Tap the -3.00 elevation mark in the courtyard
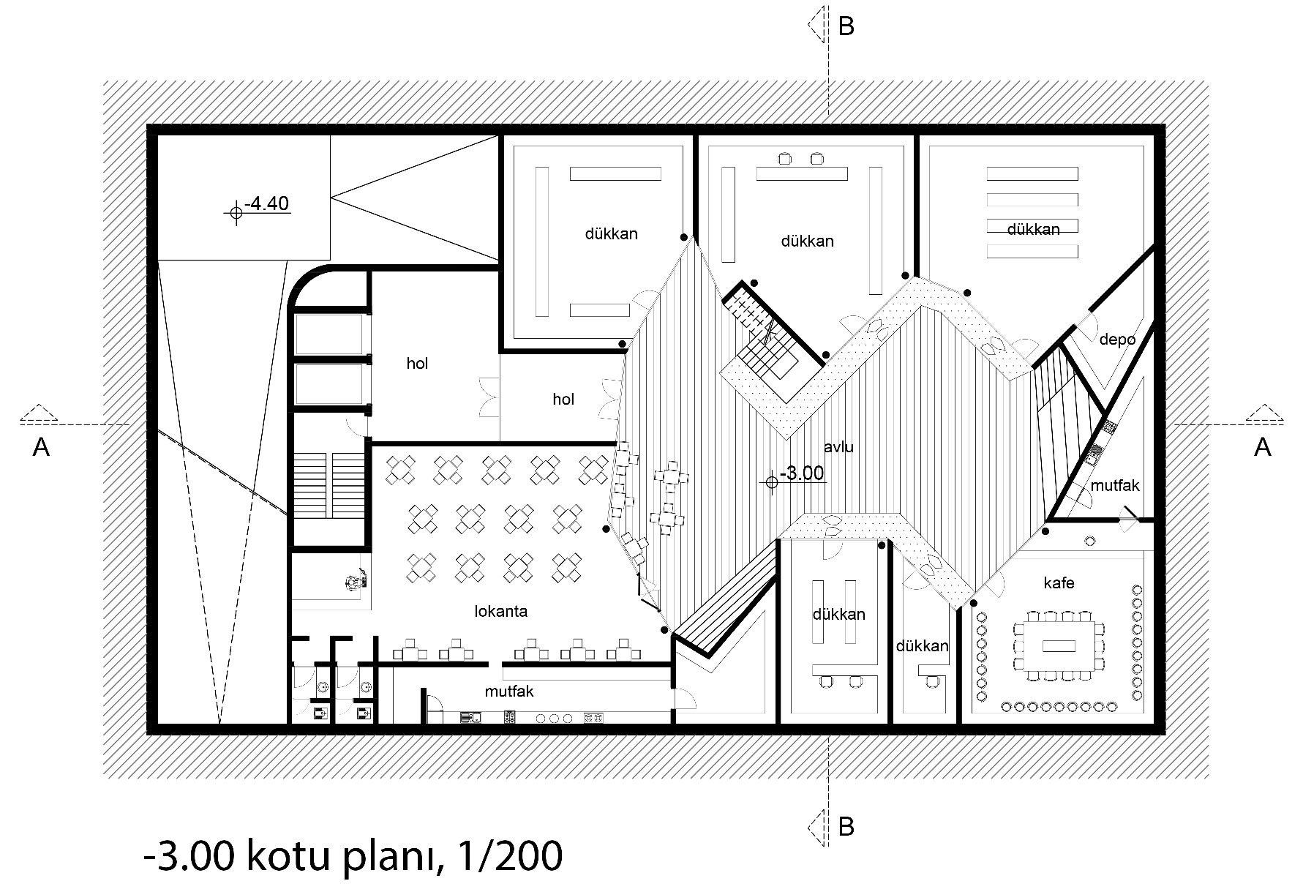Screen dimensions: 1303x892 [x=802, y=473]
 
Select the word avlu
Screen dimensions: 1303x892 [x=838, y=446]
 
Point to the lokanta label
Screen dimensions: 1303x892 [x=501, y=611]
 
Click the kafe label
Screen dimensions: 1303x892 [x=1059, y=583]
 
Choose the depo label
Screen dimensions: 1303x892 [x=1117, y=340]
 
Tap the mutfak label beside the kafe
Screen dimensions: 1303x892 [x=1115, y=485]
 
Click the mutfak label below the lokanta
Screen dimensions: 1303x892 [x=509, y=691]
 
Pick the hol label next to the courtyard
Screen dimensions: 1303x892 [x=563, y=399]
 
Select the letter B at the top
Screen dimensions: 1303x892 [x=846, y=27]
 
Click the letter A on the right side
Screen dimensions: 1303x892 [x=1263, y=447]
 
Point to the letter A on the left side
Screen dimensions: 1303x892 [x=41, y=447]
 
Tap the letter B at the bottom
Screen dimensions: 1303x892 [x=846, y=827]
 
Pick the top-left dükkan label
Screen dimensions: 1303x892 [x=611, y=234]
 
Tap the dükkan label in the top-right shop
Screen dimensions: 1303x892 [x=1033, y=229]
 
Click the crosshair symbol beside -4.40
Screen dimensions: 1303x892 [x=236, y=212]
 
